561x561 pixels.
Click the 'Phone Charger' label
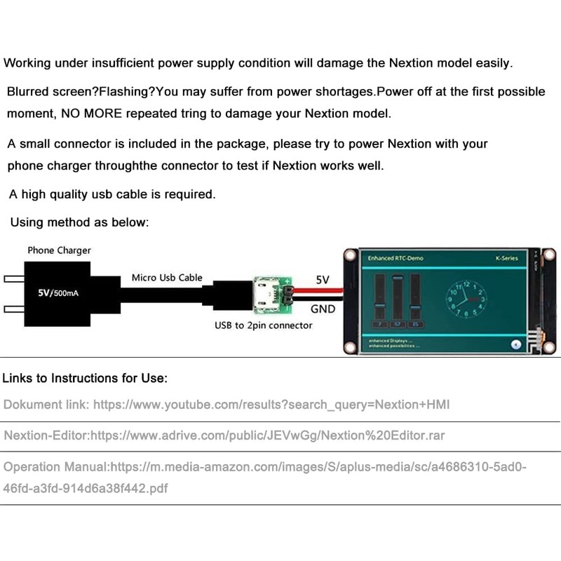pos(59,250)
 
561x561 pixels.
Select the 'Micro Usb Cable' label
pos(167,278)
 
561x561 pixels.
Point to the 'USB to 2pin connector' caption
pos(263,325)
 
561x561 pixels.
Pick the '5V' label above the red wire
pos(323,279)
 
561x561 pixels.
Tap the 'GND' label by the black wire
pos(323,309)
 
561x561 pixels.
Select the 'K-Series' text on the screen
pos(506,258)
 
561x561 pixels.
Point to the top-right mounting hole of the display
pos(549,254)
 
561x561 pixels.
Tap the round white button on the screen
pos(516,344)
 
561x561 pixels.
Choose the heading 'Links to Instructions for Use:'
pos(85,379)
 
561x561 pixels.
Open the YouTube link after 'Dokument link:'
pos(271,405)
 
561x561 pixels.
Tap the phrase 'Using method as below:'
pos(79,223)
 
